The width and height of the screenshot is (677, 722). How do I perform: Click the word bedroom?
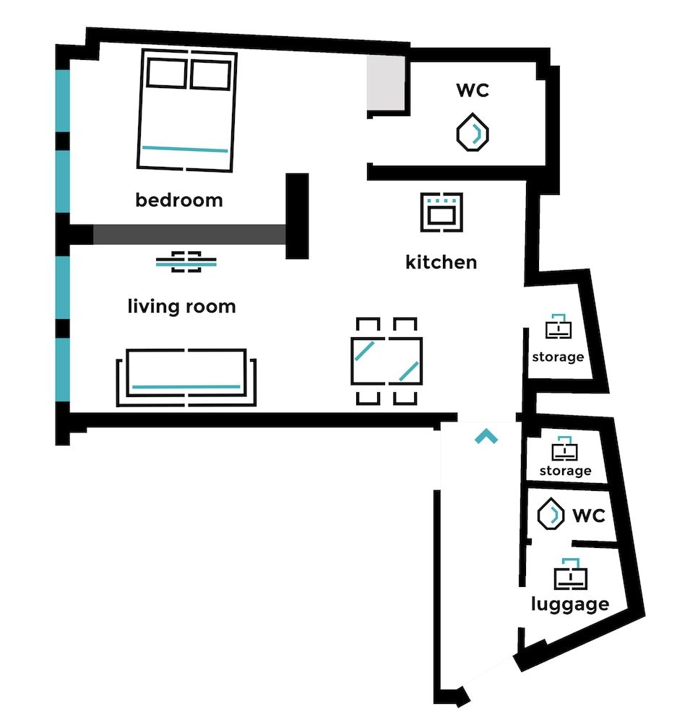[179, 200]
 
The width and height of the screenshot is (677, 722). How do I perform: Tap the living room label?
[181, 306]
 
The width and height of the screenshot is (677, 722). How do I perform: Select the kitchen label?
[441, 261]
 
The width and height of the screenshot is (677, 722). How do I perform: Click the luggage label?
[569, 604]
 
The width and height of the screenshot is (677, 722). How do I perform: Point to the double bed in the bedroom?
[187, 110]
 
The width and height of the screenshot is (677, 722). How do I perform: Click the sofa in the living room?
[186, 378]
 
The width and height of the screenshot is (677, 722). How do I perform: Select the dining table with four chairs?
[387, 360]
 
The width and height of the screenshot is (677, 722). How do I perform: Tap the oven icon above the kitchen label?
[441, 212]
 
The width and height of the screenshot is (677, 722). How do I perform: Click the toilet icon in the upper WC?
[473, 132]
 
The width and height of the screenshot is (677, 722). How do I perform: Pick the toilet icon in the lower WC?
[553, 515]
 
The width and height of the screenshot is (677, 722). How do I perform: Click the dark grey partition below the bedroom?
[189, 235]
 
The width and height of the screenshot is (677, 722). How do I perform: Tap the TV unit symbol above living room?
[186, 261]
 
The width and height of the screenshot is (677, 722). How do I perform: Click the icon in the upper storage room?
[557, 328]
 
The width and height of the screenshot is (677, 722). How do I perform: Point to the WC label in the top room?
[473, 90]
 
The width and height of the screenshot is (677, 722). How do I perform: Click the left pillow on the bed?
[166, 74]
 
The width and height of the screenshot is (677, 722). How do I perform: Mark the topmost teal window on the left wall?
[63, 100]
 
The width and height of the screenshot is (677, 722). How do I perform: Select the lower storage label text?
[565, 471]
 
